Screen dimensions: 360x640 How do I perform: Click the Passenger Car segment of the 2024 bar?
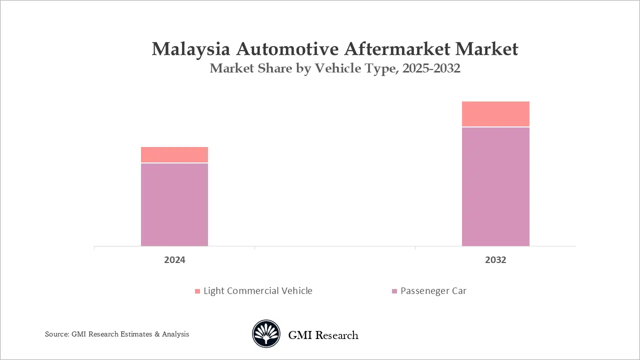pos(174,204)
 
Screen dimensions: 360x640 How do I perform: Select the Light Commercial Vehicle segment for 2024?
pos(174,154)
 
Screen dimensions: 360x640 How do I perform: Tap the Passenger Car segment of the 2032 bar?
pos(495,186)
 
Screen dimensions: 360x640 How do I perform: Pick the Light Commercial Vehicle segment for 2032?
pos(495,114)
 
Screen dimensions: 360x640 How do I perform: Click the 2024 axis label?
pos(174,260)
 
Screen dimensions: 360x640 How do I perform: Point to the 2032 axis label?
pos(495,260)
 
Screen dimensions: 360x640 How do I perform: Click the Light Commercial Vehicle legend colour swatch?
pos(197,291)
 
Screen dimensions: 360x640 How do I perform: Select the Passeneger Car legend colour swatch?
pos(394,291)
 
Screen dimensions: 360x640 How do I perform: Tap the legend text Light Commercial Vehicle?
pos(258,291)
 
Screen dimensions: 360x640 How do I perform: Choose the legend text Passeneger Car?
pos(433,291)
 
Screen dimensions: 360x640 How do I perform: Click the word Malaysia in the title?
pos(191,49)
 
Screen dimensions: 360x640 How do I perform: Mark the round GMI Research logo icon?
pos(266,334)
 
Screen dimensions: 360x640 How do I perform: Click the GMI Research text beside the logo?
pos(323,335)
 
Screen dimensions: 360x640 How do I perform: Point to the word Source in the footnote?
pos(55,334)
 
